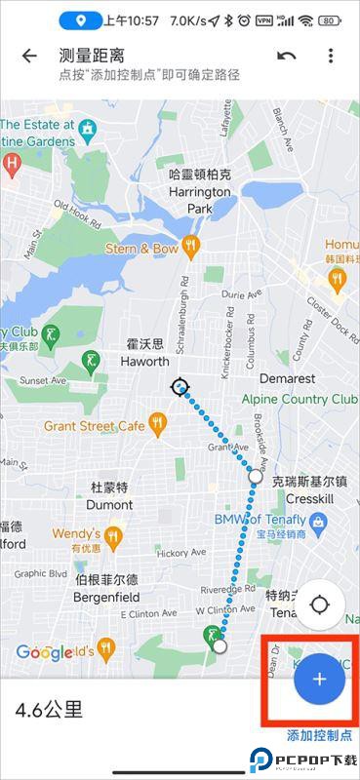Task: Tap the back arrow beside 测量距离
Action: pyautogui.click(x=29, y=56)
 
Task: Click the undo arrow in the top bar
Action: pyautogui.click(x=287, y=56)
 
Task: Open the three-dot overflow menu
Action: pyautogui.click(x=331, y=56)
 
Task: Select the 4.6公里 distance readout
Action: pyautogui.click(x=49, y=710)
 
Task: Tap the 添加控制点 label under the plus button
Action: pyautogui.click(x=319, y=735)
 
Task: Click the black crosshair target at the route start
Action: pyautogui.click(x=180, y=387)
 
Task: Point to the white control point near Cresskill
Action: pyautogui.click(x=256, y=477)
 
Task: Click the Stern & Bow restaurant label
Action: pyautogui.click(x=141, y=249)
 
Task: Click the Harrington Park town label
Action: pyautogui.click(x=200, y=192)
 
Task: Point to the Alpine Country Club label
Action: pyautogui.click(x=299, y=400)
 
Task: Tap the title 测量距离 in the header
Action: pyautogui.click(x=92, y=56)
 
